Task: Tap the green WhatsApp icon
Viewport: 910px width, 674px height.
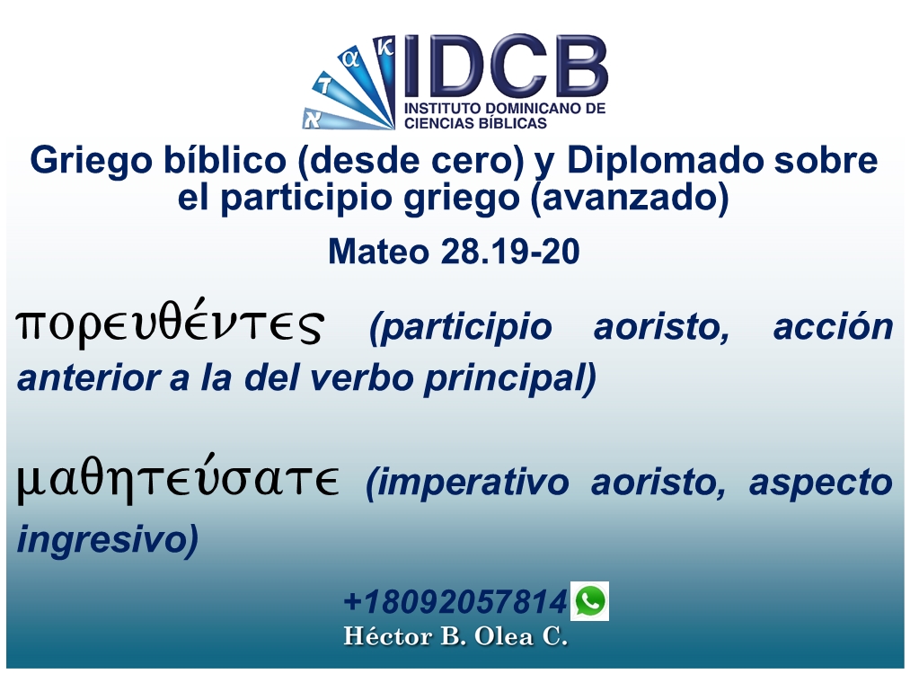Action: point(589,601)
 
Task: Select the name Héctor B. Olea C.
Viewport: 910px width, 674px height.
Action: point(455,637)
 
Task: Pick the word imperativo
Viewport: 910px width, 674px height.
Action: point(467,483)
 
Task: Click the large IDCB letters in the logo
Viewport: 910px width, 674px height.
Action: point(505,67)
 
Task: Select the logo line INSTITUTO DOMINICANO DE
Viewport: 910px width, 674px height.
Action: point(505,109)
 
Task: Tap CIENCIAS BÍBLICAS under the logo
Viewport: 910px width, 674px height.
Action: point(476,122)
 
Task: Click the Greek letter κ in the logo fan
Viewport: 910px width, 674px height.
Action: point(384,47)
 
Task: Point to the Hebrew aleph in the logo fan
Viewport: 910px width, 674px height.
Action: point(313,120)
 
